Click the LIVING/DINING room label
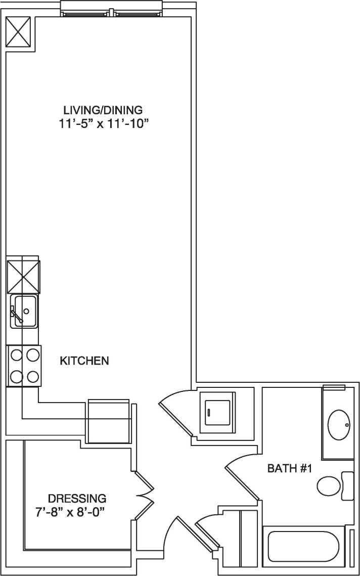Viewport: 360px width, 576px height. pos(103,109)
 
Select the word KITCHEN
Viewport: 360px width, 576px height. pos(84,361)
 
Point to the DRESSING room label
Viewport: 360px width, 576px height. pos(77,497)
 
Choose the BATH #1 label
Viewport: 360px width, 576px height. pos(289,469)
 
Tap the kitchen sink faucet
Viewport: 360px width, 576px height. pos(16,315)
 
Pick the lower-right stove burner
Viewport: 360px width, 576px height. pos(33,376)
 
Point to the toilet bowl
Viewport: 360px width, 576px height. pos(329,486)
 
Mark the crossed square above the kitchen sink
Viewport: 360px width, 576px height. pos(23,277)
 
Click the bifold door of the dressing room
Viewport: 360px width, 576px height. pos(146,490)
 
